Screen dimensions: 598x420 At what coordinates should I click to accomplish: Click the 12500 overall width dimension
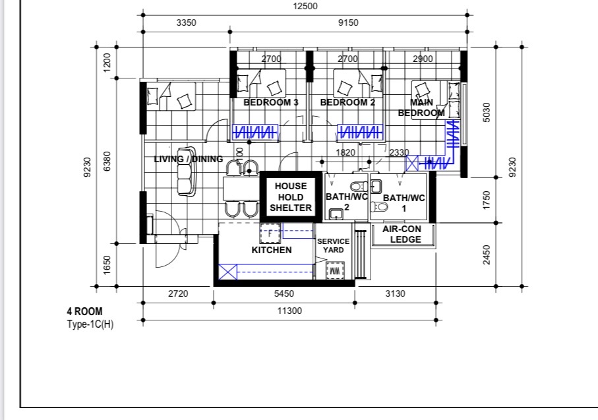pos(305,6)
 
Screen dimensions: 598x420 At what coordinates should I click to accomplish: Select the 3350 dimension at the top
pos(186,23)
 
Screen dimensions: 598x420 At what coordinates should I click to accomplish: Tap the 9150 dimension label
pos(348,23)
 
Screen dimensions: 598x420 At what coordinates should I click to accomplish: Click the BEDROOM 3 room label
pos(271,102)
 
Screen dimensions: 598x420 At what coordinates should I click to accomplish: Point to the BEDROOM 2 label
pos(347,102)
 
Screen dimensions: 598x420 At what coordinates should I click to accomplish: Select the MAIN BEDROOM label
pos(421,107)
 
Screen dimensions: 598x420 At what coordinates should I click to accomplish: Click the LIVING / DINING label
pos(189,159)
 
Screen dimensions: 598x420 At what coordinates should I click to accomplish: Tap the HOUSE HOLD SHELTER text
pos(291,197)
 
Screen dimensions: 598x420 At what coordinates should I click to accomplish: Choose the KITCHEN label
pos(272,250)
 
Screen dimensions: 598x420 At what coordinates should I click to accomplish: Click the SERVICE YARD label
pos(334,246)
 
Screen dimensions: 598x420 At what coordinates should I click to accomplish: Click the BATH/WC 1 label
pos(404,203)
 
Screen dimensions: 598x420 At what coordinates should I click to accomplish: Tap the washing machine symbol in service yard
pos(335,271)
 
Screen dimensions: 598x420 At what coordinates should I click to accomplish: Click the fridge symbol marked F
pos(270,233)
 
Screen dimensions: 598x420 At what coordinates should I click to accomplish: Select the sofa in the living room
pos(187,171)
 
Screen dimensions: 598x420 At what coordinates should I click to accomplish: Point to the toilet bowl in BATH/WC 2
pos(359,187)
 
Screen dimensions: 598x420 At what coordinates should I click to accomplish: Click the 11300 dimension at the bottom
pos(289,311)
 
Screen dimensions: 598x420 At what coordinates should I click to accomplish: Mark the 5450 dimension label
pos(284,293)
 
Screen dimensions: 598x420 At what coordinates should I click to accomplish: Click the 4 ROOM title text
pos(84,311)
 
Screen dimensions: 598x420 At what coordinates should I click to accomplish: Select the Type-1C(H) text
pos(90,324)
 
